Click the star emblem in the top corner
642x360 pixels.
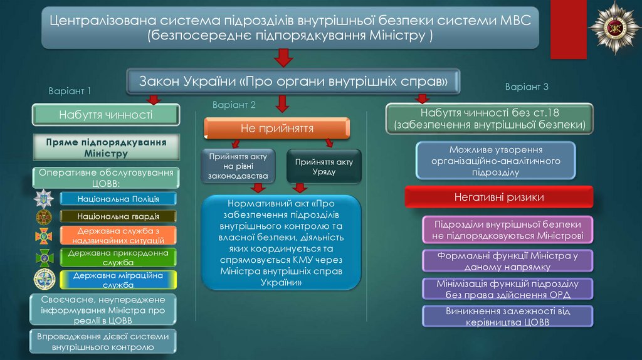[x=615, y=28]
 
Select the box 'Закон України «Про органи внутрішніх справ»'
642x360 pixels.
[x=294, y=82]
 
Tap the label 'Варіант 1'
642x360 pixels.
[x=70, y=91]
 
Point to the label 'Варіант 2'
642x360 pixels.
[x=234, y=104]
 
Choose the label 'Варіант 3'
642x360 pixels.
[x=527, y=87]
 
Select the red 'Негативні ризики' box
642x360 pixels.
[x=498, y=197]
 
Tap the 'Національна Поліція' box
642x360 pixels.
[x=118, y=199]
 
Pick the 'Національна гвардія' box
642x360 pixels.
[x=118, y=216]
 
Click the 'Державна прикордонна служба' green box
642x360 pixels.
[x=118, y=257]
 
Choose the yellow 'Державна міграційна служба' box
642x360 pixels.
[x=118, y=280]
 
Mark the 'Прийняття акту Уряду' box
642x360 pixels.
[x=324, y=166]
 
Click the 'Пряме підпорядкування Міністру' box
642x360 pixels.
[x=106, y=148]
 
